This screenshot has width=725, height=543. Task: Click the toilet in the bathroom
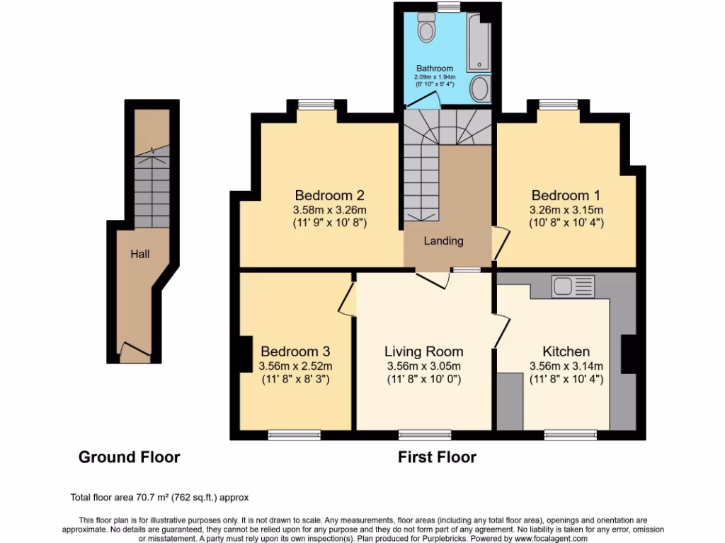pos(427,27)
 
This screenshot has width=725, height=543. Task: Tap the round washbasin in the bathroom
pos(480,88)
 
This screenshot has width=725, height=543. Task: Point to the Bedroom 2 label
pos(330,195)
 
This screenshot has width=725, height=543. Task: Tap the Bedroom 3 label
pos(295,351)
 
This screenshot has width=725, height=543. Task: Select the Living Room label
pos(423,351)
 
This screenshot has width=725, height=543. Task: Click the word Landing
pos(443,241)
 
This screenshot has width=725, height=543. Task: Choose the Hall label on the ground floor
pos(139,254)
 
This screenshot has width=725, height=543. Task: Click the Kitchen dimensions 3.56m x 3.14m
pos(566,366)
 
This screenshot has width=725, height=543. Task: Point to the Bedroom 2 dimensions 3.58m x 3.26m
pos(330,210)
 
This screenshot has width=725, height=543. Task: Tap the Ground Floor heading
pos(129,457)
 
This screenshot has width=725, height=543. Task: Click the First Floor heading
pos(437,457)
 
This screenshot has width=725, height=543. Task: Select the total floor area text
pos(159,497)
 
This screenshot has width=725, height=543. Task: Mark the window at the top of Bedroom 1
pos(558,105)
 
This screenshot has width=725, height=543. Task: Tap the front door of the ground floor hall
pos(135,351)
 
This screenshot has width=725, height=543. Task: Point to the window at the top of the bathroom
pos(447,6)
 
